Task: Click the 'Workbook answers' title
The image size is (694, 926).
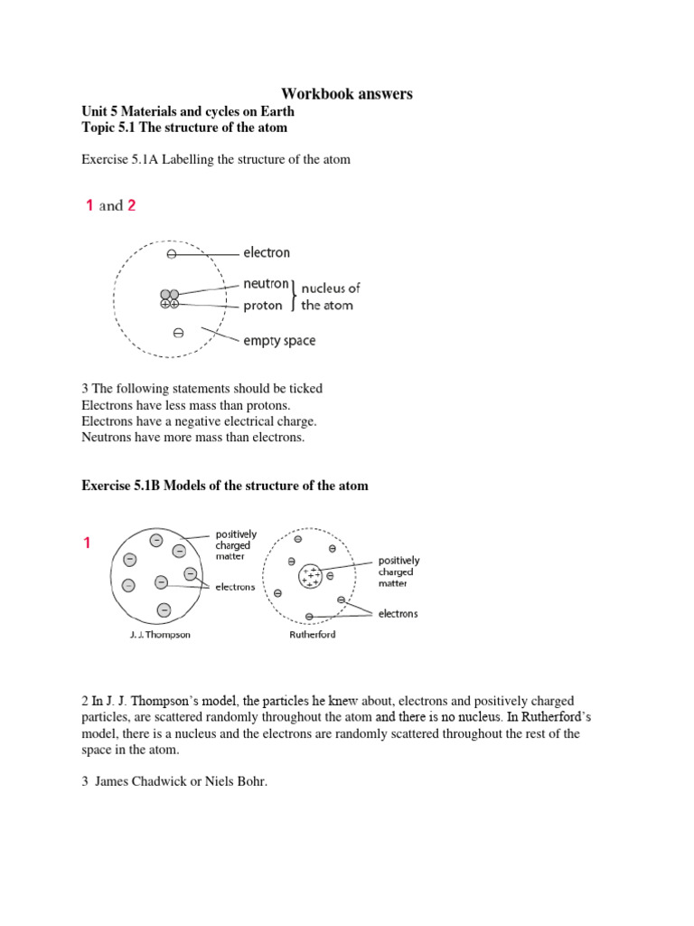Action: tap(347, 94)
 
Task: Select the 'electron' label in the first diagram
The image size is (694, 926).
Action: tap(266, 253)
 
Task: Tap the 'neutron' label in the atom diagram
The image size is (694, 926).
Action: tap(266, 284)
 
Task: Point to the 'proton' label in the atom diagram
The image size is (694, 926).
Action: tap(263, 306)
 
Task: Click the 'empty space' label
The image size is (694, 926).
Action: tap(279, 341)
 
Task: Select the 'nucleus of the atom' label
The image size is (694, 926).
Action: tap(330, 296)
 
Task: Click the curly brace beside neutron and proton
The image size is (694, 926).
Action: tap(293, 295)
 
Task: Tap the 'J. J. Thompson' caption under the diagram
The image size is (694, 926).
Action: tap(160, 635)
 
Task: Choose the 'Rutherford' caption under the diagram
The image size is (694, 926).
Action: tap(313, 635)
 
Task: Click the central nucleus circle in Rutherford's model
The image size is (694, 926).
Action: tap(311, 575)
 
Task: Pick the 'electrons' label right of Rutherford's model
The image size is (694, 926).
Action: tap(398, 613)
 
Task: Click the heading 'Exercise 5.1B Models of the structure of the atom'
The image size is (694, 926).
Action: tap(225, 486)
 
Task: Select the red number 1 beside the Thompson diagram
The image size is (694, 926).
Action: tap(88, 543)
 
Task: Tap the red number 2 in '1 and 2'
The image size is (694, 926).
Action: tap(132, 205)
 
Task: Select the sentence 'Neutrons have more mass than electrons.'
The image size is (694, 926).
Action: tap(193, 438)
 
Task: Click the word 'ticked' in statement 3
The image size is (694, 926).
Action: tap(305, 389)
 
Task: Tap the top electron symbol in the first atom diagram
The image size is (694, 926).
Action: tap(172, 255)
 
